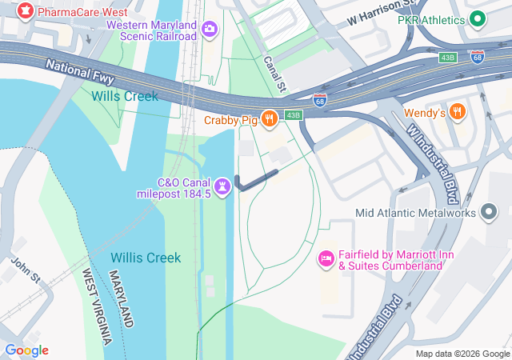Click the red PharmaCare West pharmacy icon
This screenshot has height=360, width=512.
pos(26,14)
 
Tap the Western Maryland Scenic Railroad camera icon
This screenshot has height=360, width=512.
pos(210,30)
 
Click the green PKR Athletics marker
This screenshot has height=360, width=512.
pos(478,19)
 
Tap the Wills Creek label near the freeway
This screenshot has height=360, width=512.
pos(124,96)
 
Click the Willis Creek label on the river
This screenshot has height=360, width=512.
pos(146,258)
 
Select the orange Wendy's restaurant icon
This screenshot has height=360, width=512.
pos(458,113)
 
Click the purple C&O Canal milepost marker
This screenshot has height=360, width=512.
pos(223,186)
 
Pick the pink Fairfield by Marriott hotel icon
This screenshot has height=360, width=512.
pos(326,258)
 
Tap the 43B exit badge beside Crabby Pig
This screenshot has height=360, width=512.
pos(294,115)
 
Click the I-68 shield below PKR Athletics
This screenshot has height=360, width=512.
pos(477,57)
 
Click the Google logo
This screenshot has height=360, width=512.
pos(26,350)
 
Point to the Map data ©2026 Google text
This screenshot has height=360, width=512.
pos(462,354)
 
